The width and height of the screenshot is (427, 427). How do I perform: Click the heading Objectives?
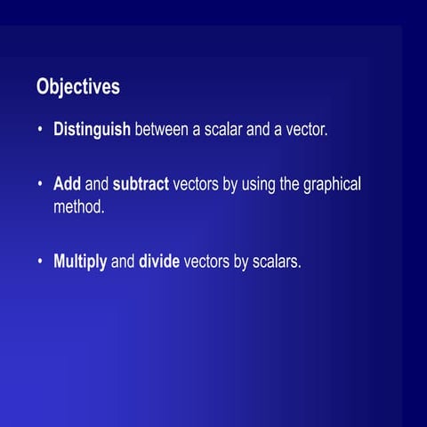point(78,87)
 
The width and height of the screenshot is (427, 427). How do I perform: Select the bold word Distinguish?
point(92,130)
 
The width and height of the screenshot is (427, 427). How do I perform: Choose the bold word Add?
point(68,184)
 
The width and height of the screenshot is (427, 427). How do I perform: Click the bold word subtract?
point(141,184)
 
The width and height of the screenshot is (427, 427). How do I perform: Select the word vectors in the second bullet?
point(197,184)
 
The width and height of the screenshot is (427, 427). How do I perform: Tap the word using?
point(261,185)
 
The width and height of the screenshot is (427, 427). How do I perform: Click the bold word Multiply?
point(80,262)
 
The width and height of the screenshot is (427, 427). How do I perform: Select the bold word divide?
point(159,262)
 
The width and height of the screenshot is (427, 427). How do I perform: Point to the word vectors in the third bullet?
point(208,262)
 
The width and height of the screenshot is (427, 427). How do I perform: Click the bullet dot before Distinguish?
point(40,131)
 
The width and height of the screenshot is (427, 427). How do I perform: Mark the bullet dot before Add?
point(40,185)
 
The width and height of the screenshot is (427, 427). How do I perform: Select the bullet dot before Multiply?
point(40,263)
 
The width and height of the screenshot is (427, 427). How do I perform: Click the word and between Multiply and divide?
point(123,262)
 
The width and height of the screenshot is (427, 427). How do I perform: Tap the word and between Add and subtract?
point(97,184)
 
